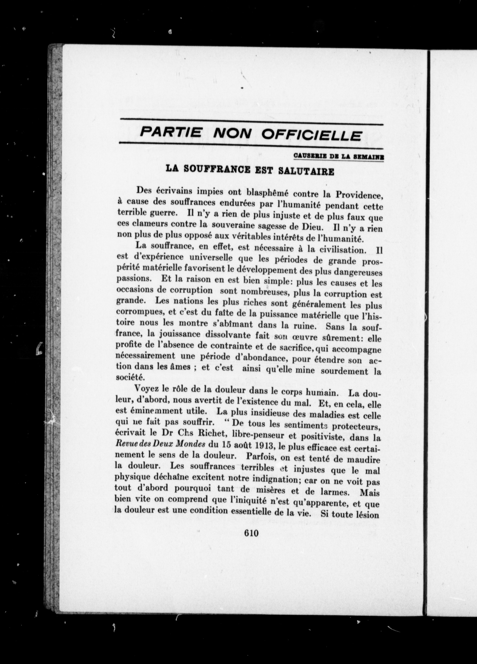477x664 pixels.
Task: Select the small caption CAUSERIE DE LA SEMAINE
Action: pyautogui.click(x=339, y=157)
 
